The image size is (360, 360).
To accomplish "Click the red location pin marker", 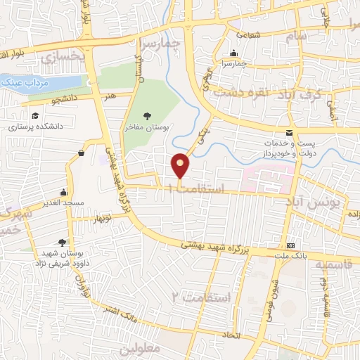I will (x=181, y=165).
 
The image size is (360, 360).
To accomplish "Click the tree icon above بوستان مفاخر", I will (x=146, y=116).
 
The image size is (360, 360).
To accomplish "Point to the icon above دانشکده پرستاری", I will (x=34, y=116).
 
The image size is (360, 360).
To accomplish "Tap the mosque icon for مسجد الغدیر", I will (x=64, y=192).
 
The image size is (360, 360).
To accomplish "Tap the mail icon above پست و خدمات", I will (x=289, y=134).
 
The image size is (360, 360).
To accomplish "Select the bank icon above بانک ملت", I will (x=291, y=245).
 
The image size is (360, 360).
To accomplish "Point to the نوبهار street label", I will (x=101, y=219).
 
